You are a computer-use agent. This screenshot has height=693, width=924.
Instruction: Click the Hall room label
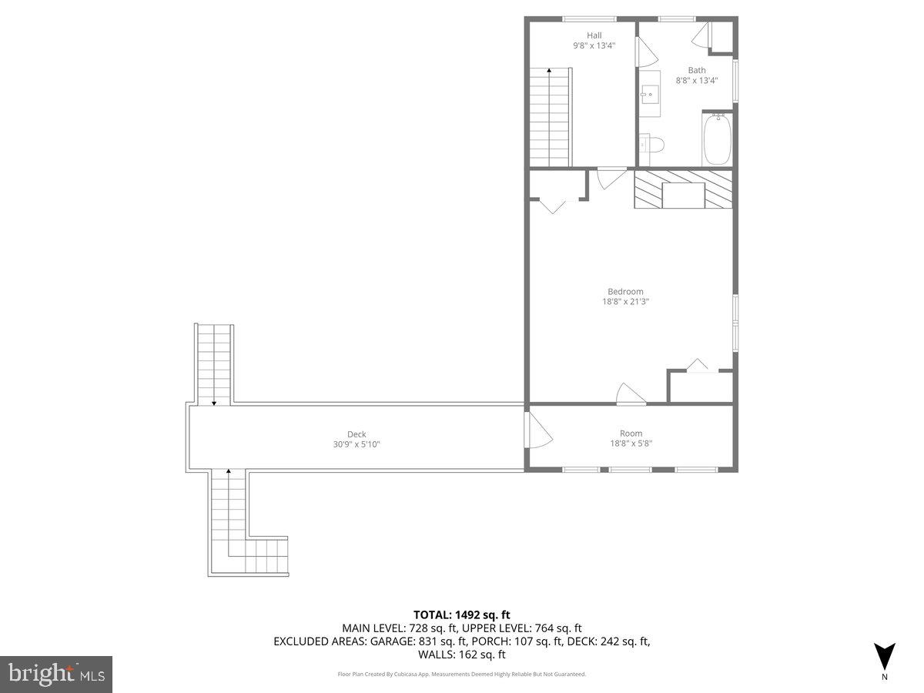coord(594,35)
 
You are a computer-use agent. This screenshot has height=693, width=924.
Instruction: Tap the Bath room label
coord(696,70)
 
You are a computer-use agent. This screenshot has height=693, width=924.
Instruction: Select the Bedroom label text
coord(625,291)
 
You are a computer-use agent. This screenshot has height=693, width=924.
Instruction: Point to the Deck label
coord(357,434)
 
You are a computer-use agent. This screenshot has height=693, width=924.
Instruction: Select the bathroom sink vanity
coord(649,95)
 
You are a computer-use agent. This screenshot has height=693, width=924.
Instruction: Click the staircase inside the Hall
coord(549,117)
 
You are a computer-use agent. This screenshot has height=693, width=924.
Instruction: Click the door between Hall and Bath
coord(645,52)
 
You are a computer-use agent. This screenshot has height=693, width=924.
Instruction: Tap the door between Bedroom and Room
coord(630,393)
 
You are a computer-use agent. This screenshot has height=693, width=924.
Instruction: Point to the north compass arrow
coord(884,656)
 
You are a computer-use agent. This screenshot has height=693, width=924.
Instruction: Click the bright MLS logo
coord(56,674)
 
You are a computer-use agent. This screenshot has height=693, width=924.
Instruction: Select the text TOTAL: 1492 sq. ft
coord(462,614)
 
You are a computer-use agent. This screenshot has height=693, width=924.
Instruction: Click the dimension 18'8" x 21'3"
coord(625,302)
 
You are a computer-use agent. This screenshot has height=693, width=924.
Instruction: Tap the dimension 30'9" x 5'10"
coord(356,444)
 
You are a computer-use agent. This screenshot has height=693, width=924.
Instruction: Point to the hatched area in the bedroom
coord(682,189)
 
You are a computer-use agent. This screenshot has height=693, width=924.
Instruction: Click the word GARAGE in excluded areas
coord(391,641)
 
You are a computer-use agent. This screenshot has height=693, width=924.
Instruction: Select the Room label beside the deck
coord(631,434)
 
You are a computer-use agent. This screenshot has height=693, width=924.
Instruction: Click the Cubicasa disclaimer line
coord(462,674)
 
